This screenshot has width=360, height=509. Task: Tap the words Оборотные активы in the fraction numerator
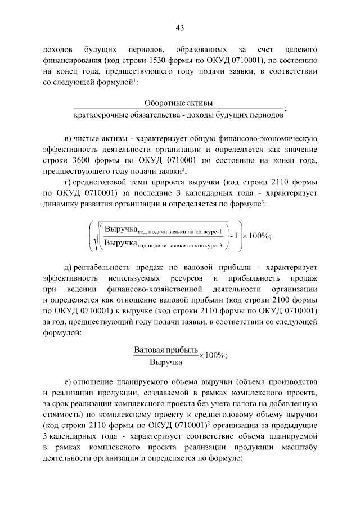tap(179, 103)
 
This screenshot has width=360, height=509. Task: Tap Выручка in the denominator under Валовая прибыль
tap(165, 363)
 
